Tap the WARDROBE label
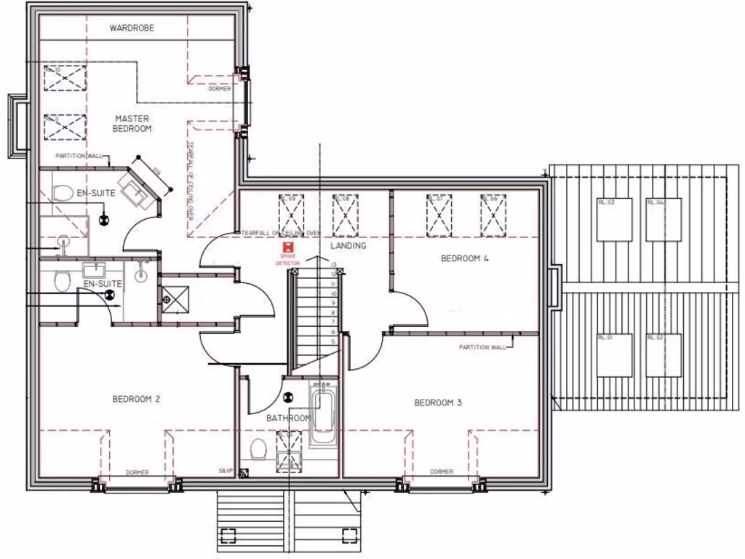pyautogui.click(x=132, y=28)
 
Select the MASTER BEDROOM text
pyautogui.click(x=132, y=123)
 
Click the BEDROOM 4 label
pyautogui.click(x=465, y=258)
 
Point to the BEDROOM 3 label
pyautogui.click(x=438, y=403)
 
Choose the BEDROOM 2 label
pyautogui.click(x=136, y=399)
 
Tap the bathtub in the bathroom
pyautogui.click(x=322, y=416)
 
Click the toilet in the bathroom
pyautogui.click(x=257, y=450)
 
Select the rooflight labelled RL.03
pyautogui.click(x=614, y=219)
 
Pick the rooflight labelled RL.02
pyautogui.click(x=663, y=355)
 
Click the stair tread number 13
pyautogui.click(x=332, y=264)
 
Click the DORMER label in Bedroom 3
pyautogui.click(x=441, y=472)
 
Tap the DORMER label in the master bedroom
pyautogui.click(x=219, y=89)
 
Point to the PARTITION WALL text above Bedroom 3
pyautogui.click(x=482, y=347)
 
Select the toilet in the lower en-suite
pyautogui.click(x=63, y=281)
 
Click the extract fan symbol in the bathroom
pyautogui.click(x=288, y=397)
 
